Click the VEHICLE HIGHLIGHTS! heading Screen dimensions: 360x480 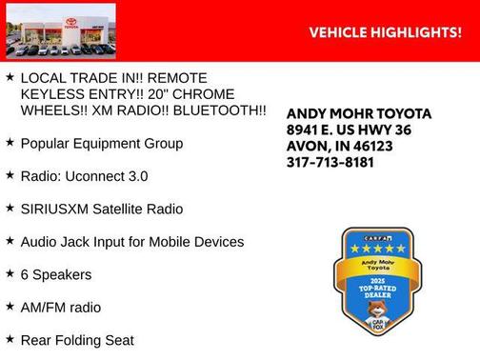386,32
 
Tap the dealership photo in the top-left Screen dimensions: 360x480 60,30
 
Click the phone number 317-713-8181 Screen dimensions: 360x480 330,162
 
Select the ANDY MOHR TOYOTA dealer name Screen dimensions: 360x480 358,113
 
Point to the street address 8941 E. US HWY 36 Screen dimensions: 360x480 350,130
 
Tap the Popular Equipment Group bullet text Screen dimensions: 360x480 101,143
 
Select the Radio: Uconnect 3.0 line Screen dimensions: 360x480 83,176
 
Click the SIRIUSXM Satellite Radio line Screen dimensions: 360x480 101,209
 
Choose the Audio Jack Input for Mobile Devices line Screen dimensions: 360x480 131,242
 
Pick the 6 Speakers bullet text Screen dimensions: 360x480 55,274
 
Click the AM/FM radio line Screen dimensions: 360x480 60,308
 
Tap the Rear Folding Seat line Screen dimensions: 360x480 76,340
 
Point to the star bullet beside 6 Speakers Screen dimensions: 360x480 10,273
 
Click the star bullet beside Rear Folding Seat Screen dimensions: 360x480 10,339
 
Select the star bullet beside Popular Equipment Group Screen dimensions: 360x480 10,142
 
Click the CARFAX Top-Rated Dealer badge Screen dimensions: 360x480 374,281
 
